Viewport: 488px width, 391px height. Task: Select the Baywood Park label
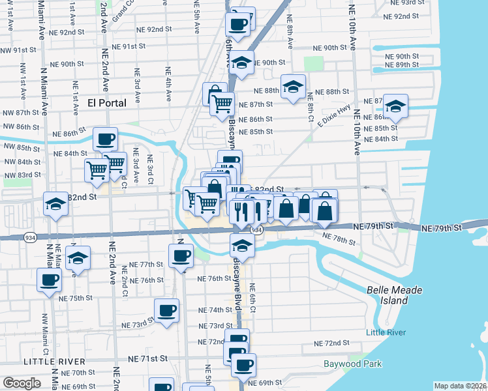click(x=353, y=364)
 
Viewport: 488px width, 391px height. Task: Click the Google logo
click(x=22, y=383)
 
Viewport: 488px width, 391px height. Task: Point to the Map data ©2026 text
click(x=461, y=386)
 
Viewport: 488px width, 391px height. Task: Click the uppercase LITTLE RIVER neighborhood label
click(x=54, y=361)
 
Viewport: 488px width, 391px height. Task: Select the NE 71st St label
click(x=148, y=358)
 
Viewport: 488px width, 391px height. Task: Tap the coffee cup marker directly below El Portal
click(x=105, y=138)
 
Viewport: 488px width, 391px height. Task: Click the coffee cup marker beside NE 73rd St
click(x=166, y=310)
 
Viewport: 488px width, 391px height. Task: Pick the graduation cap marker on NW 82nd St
click(x=55, y=203)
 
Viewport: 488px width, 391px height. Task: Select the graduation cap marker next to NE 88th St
click(x=294, y=87)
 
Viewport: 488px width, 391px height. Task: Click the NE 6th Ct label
click(x=252, y=298)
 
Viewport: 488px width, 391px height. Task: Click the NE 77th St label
click(x=145, y=265)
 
